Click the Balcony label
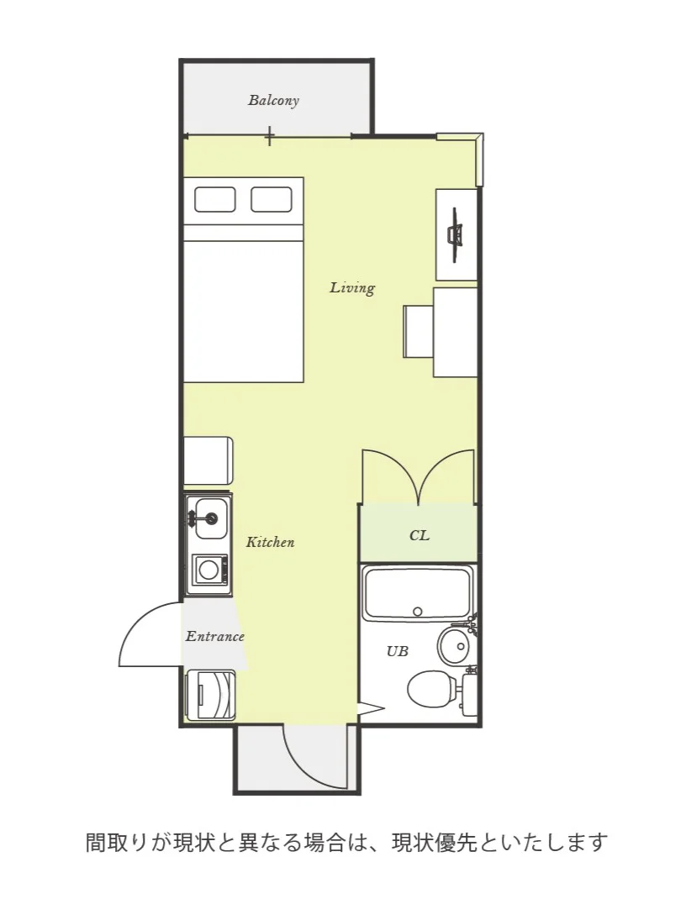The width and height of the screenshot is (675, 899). coord(273,100)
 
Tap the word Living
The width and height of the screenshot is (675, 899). coord(352,287)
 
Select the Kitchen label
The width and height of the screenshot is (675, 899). coord(270,542)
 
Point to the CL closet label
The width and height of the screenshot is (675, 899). coord(419,535)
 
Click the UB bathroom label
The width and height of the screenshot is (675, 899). coord(398,651)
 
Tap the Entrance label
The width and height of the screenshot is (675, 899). coord(215,636)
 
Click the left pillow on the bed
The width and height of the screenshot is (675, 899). coord(215,199)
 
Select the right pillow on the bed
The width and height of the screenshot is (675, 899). coord(272,199)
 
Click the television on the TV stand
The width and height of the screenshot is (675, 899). coord(456,235)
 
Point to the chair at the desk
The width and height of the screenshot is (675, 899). coord(418,331)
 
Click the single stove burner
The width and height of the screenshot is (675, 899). coord(208,570)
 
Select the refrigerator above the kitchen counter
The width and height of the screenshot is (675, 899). coord(208,461)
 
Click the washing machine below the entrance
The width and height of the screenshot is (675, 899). coord(210,695)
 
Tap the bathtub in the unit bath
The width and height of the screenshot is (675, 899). coord(418,594)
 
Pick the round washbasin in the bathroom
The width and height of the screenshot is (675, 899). coord(457,645)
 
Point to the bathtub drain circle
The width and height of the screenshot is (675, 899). coord(418,611)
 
